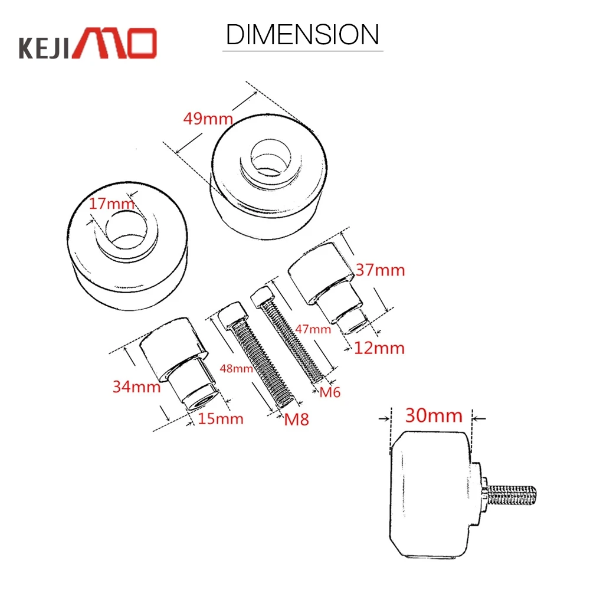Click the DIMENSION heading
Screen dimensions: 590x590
point(303,35)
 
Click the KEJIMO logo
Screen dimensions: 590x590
point(88,43)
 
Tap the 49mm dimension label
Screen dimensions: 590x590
point(208,119)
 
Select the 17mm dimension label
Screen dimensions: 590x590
point(112,204)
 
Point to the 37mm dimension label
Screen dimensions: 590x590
point(380,270)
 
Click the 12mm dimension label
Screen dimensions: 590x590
point(379,348)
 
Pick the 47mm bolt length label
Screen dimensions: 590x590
point(313,329)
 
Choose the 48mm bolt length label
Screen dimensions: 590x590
point(237,368)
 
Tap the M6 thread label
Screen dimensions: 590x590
point(330,392)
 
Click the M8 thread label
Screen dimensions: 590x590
point(297,419)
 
